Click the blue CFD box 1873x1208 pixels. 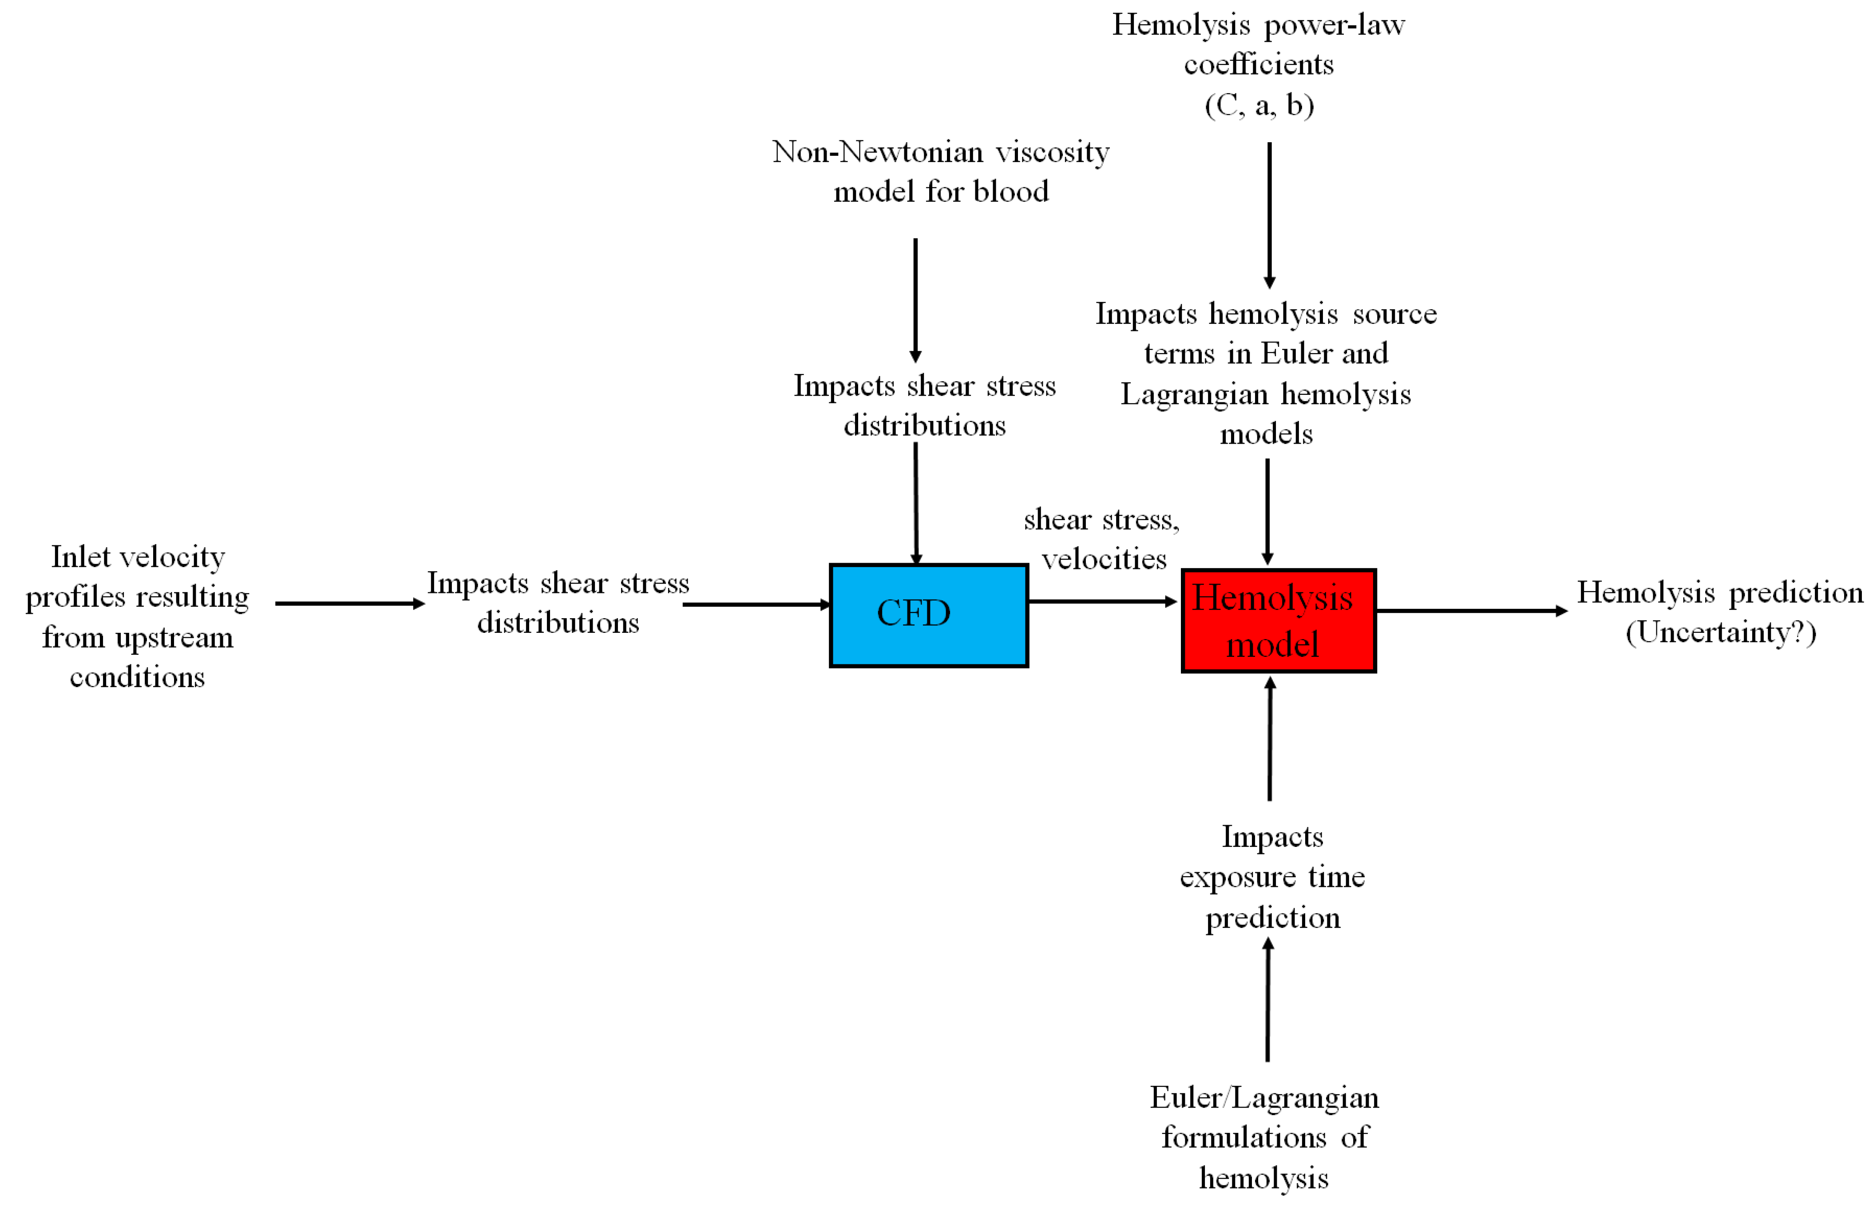coord(928,616)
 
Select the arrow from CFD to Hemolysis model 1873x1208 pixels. coord(1101,602)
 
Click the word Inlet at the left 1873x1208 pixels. coord(81,557)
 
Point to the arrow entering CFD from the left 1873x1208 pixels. coord(756,605)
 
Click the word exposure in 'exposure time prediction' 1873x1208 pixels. coord(1237,877)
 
